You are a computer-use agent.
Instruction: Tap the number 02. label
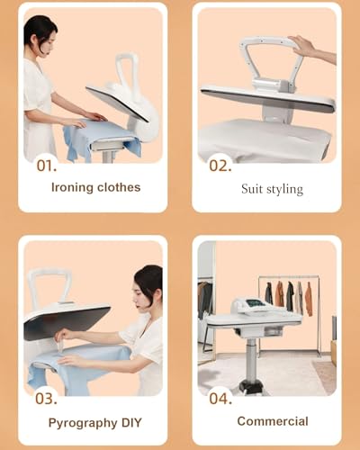220,166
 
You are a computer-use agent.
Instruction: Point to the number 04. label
220,397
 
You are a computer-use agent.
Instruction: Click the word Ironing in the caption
76,188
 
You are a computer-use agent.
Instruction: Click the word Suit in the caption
253,189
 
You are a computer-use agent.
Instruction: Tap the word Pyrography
81,421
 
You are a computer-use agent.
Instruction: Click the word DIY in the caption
130,421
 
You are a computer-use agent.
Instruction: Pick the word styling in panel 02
284,189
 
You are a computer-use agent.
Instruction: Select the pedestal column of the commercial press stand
252,355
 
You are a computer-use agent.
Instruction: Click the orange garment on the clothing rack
280,294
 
